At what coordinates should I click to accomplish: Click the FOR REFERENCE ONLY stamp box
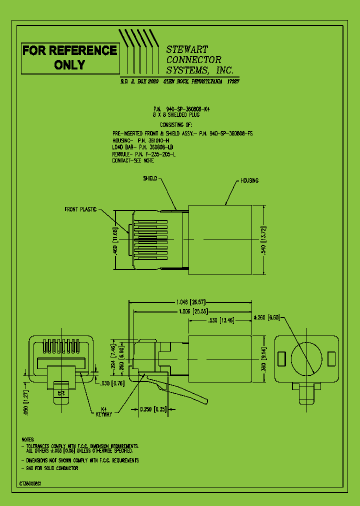coord(69,57)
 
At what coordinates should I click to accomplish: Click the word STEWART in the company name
coord(187,49)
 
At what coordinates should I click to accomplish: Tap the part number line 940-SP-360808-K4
coord(181,108)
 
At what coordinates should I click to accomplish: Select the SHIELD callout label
coord(150,178)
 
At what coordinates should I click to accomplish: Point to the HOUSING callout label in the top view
coord(249,180)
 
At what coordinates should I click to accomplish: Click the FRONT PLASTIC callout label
coord(80,209)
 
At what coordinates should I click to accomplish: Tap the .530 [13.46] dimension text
coord(219,320)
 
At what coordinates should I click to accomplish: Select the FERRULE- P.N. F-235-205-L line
coord(144,155)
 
